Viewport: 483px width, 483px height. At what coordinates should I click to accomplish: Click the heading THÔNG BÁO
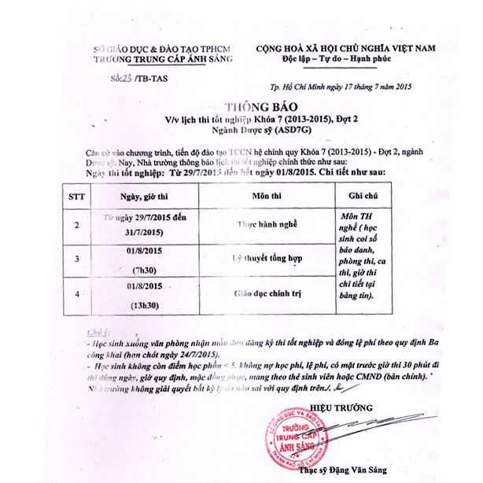(x=248, y=108)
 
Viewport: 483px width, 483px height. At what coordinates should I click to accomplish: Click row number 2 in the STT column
(x=77, y=224)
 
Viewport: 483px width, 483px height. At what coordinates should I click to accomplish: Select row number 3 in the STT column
(x=77, y=259)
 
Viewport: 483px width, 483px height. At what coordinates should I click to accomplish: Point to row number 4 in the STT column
(x=77, y=293)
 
